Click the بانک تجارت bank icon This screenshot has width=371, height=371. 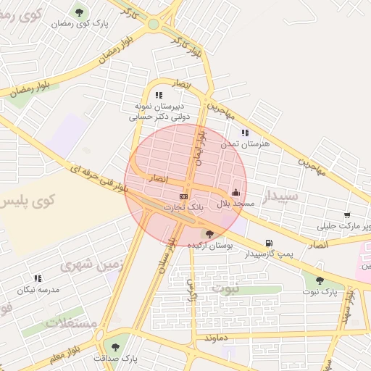pyautogui.click(x=183, y=196)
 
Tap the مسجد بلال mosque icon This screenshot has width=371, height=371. pyautogui.click(x=235, y=193)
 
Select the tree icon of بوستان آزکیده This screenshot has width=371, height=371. pyautogui.click(x=210, y=234)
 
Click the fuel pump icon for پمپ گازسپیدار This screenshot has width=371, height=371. pyautogui.click(x=270, y=243)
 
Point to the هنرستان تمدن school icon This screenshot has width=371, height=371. pyautogui.click(x=245, y=133)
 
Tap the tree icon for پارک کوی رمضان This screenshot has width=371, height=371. pyautogui.click(x=79, y=12)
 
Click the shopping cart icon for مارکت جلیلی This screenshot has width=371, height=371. pyautogui.click(x=347, y=215)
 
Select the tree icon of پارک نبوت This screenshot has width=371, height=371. pyautogui.click(x=319, y=280)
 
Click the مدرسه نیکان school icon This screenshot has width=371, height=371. pyautogui.click(x=38, y=278)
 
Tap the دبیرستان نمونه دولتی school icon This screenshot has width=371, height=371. pyautogui.click(x=159, y=95)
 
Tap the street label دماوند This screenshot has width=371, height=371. pyautogui.click(x=217, y=338)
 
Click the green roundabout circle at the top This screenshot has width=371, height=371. pyautogui.click(x=153, y=24)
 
